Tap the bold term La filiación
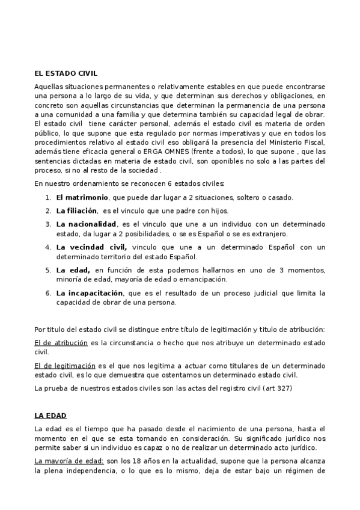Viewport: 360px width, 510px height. click(76, 210)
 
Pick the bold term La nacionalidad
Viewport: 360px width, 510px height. click(86, 224)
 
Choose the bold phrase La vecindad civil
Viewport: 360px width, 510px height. click(91, 247)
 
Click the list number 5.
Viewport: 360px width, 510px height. click(48, 270)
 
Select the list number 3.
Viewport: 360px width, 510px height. click(48, 224)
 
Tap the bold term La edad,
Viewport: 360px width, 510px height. click(73, 270)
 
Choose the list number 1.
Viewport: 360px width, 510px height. click(48, 197)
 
